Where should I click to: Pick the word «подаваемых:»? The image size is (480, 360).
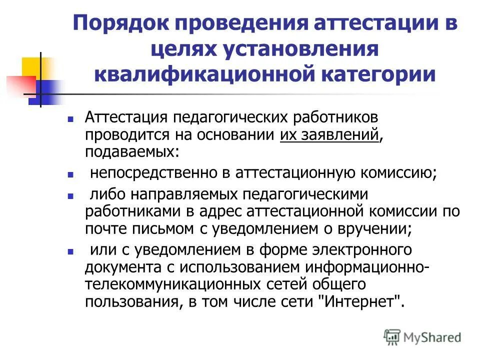coord(131,150)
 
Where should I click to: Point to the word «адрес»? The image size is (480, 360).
coord(218,211)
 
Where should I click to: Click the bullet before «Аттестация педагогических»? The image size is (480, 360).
coord(70,120)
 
